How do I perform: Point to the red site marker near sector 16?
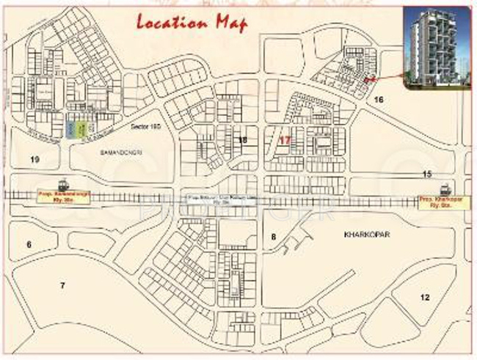(x=371, y=77)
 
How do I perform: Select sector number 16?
(x=378, y=99)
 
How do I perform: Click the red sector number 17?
(x=286, y=139)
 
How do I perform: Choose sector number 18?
(x=242, y=139)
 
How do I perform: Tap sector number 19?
(x=34, y=159)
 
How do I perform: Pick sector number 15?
(x=427, y=174)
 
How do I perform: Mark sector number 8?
(x=273, y=236)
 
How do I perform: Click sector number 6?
(x=29, y=243)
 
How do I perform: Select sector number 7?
(x=62, y=284)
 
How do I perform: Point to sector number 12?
(x=424, y=297)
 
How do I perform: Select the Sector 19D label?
(x=145, y=128)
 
